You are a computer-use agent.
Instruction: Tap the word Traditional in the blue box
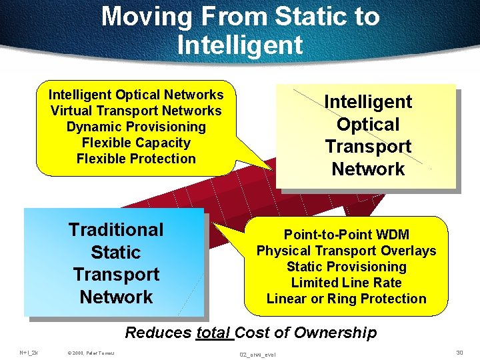pos(116,230)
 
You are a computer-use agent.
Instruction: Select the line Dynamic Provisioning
pos(136,127)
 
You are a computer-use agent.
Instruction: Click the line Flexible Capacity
pos(136,143)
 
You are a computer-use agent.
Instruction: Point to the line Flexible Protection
pos(136,159)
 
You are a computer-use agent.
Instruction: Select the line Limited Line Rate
pos(346,283)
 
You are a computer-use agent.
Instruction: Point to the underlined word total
pos(213,333)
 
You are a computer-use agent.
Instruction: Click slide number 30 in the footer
pos(459,351)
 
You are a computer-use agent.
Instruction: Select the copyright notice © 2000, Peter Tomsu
pos(91,352)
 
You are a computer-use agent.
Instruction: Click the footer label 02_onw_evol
pos(257,353)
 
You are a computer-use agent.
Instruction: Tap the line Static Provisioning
pos(346,267)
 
